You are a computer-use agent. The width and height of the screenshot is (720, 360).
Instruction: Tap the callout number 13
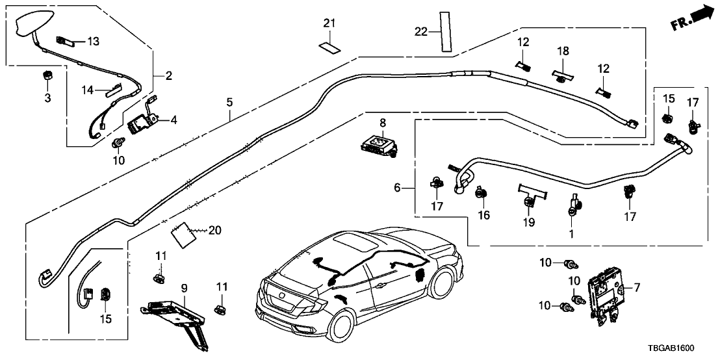(94, 42)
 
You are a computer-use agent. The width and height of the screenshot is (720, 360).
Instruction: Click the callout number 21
(329, 24)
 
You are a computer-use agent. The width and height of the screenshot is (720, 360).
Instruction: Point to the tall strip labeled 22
(444, 31)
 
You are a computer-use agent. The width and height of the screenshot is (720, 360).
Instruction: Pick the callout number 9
(184, 286)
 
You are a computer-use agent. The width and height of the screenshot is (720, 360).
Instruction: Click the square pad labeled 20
(181, 233)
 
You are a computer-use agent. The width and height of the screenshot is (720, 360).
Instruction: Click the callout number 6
(397, 187)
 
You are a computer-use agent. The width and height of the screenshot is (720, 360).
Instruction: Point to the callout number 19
(530, 222)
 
